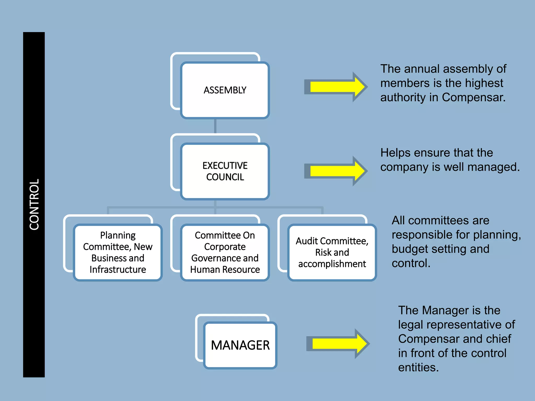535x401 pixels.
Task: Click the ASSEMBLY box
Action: point(225,90)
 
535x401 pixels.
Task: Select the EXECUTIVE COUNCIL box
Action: point(225,171)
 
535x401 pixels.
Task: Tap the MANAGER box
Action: point(240,345)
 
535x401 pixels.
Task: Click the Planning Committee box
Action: point(118,252)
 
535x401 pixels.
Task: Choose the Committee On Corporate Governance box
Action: point(225,252)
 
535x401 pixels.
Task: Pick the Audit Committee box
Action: point(332,252)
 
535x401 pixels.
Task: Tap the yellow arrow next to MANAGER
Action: point(339,344)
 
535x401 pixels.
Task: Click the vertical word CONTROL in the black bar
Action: point(34,204)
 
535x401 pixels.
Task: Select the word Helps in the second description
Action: point(395,153)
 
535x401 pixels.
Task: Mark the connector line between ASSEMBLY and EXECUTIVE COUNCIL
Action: point(215,126)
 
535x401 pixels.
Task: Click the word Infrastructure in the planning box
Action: point(118,269)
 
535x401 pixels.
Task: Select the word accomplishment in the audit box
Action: point(332,264)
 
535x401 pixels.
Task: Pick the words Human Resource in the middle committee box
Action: point(225,269)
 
